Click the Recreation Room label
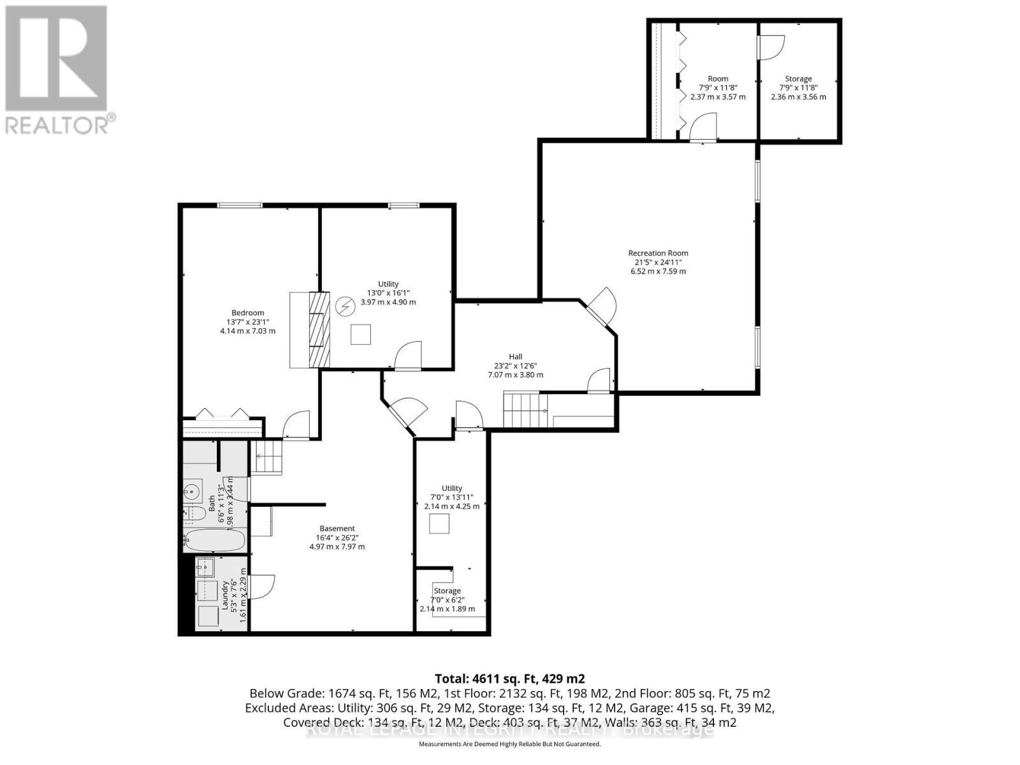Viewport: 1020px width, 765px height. (x=658, y=253)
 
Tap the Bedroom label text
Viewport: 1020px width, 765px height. (x=247, y=312)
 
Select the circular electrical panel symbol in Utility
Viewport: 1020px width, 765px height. (x=346, y=307)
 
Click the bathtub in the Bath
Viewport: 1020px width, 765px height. (x=214, y=542)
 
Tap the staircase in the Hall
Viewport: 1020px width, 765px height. (x=525, y=411)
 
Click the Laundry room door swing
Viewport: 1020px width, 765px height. (x=261, y=586)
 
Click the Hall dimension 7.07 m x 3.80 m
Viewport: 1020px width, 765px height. (x=515, y=375)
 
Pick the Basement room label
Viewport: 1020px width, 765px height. (x=337, y=528)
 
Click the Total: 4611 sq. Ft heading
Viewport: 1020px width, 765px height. (x=509, y=678)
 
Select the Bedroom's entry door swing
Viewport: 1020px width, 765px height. (x=296, y=425)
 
